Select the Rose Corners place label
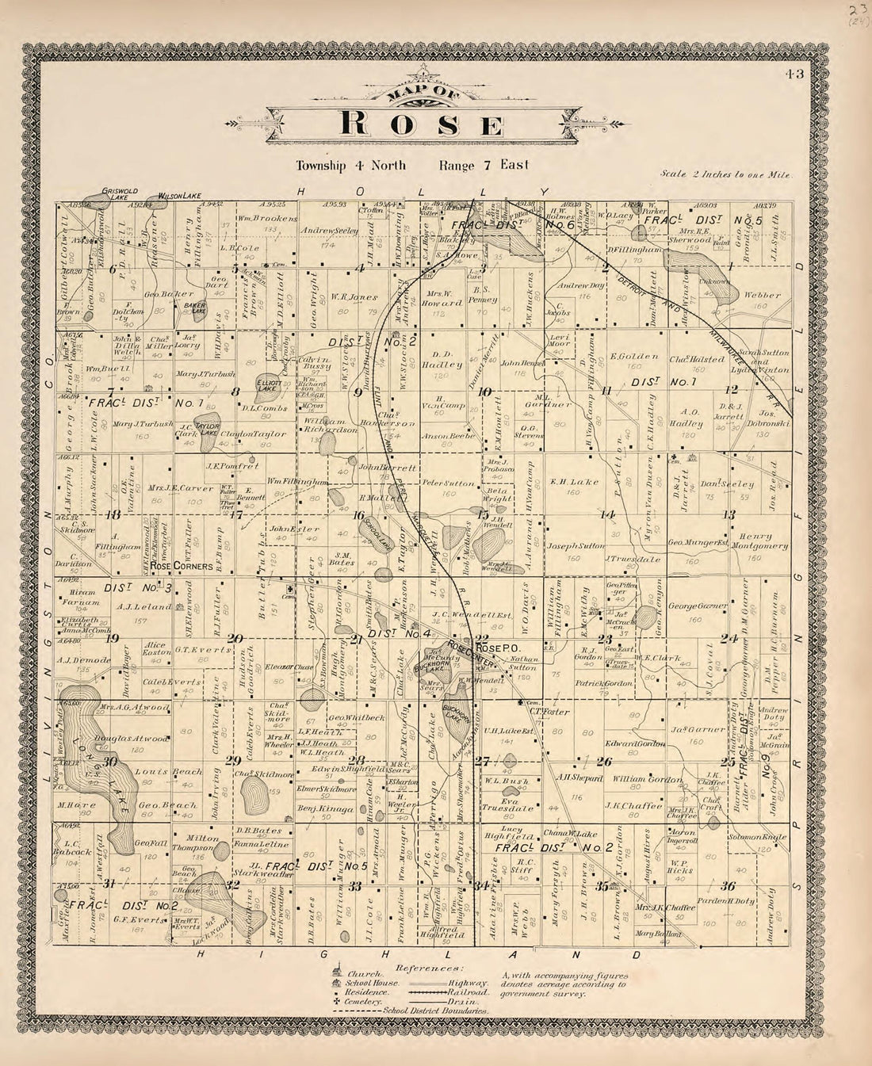point(182,567)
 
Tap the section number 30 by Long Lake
point(111,762)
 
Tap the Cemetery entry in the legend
point(363,1003)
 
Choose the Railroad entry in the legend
point(469,991)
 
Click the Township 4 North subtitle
point(350,166)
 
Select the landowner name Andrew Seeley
point(326,231)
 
